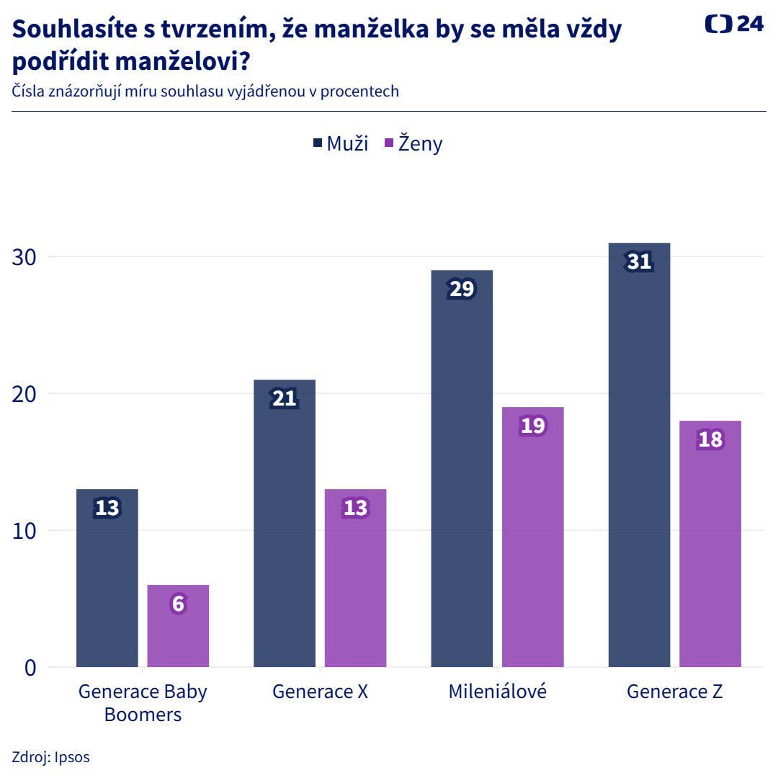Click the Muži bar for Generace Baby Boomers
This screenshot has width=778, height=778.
[x=107, y=583]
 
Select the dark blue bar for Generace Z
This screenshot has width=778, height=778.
[x=639, y=461]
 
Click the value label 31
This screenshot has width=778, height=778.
[x=639, y=261]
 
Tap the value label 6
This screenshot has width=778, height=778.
[x=178, y=604]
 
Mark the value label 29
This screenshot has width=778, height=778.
[x=461, y=289]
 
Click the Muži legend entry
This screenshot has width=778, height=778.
[x=341, y=143]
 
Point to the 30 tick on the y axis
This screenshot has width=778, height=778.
[x=24, y=257]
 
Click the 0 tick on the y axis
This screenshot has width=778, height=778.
[x=30, y=668]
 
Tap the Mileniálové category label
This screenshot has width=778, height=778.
[x=497, y=692]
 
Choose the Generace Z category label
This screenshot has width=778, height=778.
[x=674, y=692]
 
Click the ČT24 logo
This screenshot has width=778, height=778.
[x=733, y=24]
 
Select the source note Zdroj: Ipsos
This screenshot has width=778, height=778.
[x=50, y=757]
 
